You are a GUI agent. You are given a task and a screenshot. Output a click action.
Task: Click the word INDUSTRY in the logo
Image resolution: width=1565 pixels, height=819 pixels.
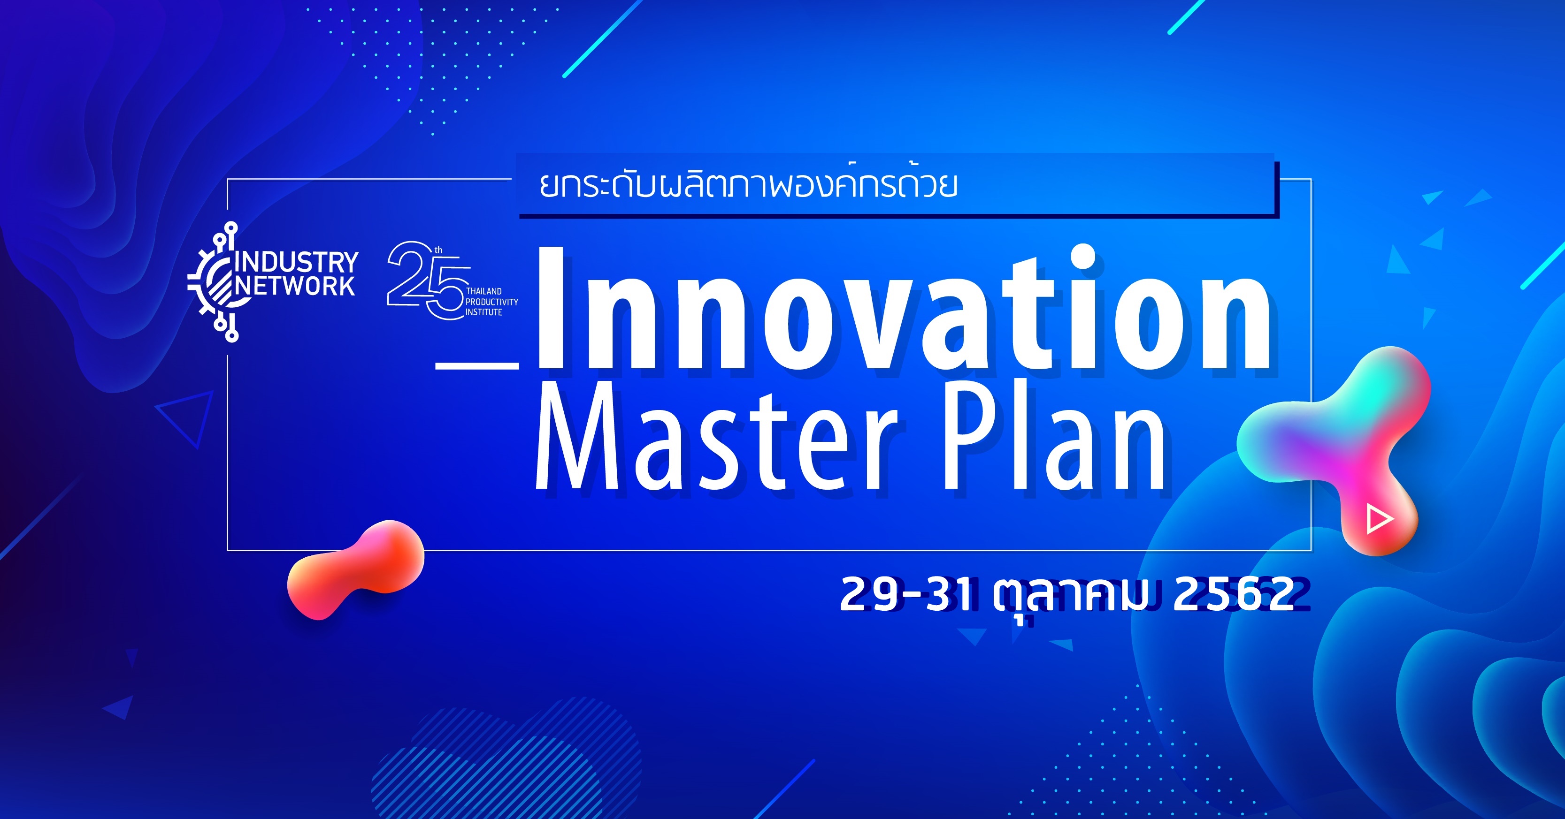pyautogui.click(x=297, y=262)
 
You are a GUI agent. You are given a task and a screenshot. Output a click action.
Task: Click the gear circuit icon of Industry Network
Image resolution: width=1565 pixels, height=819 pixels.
pyautogui.click(x=214, y=282)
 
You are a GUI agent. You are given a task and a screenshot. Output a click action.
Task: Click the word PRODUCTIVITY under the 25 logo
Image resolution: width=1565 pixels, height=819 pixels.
pyautogui.click(x=491, y=302)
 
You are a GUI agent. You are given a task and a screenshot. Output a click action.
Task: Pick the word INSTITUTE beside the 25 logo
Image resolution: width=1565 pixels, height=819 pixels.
pyautogui.click(x=483, y=312)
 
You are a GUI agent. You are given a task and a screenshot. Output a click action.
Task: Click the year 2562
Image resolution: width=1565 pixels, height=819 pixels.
pyautogui.click(x=1233, y=594)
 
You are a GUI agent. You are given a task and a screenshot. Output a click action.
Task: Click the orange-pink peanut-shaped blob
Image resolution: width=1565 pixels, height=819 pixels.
pyautogui.click(x=355, y=569)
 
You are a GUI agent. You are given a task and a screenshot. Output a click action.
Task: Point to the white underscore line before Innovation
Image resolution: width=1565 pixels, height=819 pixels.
pyautogui.click(x=477, y=366)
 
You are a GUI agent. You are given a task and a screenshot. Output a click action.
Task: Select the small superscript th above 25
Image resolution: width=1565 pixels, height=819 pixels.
pyautogui.click(x=438, y=250)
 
